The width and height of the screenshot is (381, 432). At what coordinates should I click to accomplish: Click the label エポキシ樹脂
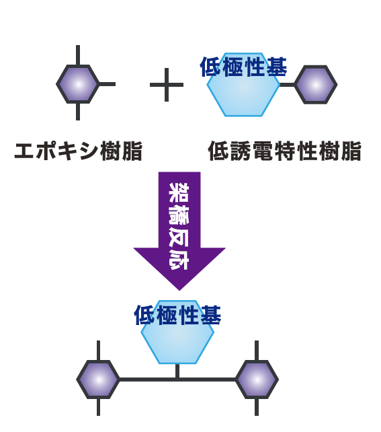(x=79, y=151)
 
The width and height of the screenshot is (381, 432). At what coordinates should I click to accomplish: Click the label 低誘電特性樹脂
(x=285, y=151)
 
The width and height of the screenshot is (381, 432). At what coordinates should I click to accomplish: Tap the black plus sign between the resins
(x=167, y=85)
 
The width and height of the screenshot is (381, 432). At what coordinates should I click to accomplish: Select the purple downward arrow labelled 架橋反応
(x=179, y=231)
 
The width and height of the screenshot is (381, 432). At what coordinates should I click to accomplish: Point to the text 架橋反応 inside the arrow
(x=179, y=226)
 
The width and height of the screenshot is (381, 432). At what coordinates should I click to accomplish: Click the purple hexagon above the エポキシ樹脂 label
(x=78, y=84)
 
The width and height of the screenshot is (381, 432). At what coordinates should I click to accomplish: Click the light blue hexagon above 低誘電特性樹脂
(x=243, y=85)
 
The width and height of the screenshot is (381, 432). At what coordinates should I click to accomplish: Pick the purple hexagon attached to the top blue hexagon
(x=316, y=85)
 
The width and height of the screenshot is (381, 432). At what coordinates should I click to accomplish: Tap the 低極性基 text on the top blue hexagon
(x=243, y=67)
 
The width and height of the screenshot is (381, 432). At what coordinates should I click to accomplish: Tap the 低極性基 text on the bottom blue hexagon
(x=177, y=315)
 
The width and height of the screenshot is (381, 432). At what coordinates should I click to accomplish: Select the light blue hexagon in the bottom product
(x=177, y=332)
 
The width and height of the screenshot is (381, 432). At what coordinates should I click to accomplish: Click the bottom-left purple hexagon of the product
(x=98, y=380)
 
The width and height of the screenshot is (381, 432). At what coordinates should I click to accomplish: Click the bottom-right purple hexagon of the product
(x=257, y=380)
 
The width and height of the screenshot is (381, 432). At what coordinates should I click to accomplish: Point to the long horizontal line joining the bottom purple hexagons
(x=177, y=380)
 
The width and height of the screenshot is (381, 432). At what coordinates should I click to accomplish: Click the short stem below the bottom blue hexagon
(x=177, y=371)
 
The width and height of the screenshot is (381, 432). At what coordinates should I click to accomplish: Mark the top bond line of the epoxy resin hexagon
(x=78, y=55)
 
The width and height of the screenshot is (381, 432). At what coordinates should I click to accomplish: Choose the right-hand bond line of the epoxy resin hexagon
(x=107, y=84)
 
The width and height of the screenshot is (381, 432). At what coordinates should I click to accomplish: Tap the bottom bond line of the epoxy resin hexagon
(x=78, y=112)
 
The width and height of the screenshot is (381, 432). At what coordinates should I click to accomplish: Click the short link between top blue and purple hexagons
(x=287, y=85)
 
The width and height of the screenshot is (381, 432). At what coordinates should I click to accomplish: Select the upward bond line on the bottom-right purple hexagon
(x=257, y=351)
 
